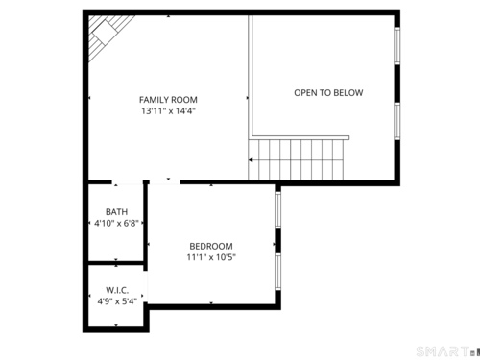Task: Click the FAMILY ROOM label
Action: click(x=168, y=100)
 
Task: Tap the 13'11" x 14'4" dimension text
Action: click(x=168, y=111)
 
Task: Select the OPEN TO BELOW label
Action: click(x=328, y=93)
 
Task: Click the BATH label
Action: click(x=116, y=212)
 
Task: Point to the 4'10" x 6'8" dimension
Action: click(x=116, y=223)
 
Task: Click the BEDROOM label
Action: click(x=211, y=246)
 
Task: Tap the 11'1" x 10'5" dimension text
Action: click(x=211, y=257)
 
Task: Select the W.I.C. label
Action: click(x=117, y=290)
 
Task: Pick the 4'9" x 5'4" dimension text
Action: click(x=117, y=301)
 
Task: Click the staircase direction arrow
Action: click(x=251, y=159)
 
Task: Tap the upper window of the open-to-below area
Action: click(x=396, y=46)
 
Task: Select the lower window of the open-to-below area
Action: click(x=396, y=121)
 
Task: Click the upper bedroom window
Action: click(x=278, y=209)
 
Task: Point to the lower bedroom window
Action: click(x=278, y=272)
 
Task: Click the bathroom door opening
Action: click(x=127, y=182)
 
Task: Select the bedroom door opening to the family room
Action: click(x=165, y=182)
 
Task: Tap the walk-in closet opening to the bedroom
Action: click(x=146, y=286)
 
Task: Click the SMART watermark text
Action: click(x=443, y=351)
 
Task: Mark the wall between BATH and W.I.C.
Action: click(x=116, y=263)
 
